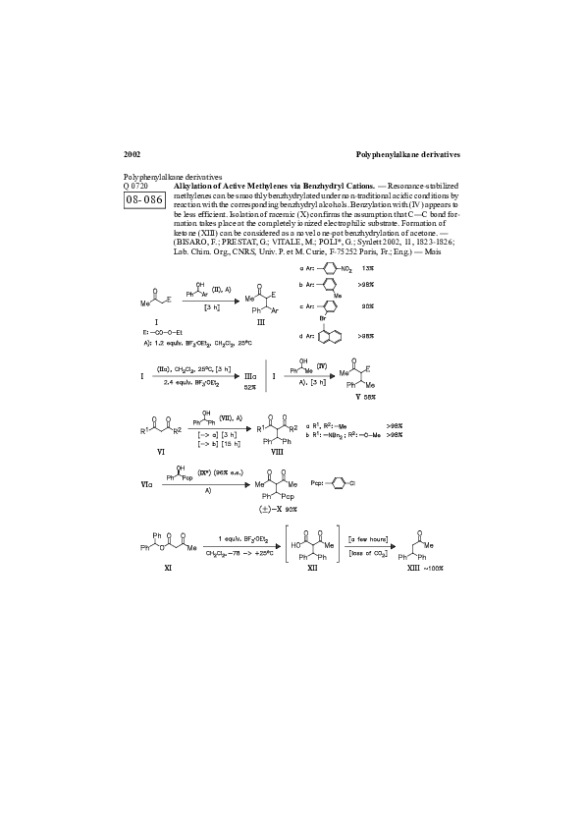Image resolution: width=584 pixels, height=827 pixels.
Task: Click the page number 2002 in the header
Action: (x=133, y=154)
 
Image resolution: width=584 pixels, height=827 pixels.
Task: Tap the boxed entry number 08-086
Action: (x=144, y=199)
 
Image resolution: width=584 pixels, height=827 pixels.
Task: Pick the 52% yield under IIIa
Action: (x=250, y=387)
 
